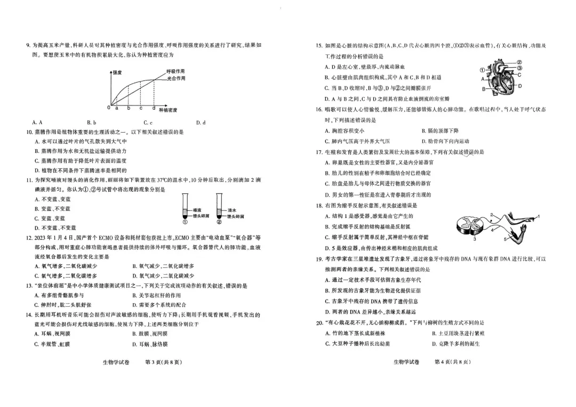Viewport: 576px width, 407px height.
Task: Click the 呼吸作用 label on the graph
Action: coord(175,71)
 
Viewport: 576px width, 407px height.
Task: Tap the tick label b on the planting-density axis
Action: coord(128,108)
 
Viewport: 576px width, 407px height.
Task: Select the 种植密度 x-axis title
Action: coord(168,110)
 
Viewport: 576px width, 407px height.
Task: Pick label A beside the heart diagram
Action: coord(483,79)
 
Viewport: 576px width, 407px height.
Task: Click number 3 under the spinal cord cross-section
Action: coord(475,239)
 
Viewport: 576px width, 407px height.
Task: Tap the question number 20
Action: coord(319,322)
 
